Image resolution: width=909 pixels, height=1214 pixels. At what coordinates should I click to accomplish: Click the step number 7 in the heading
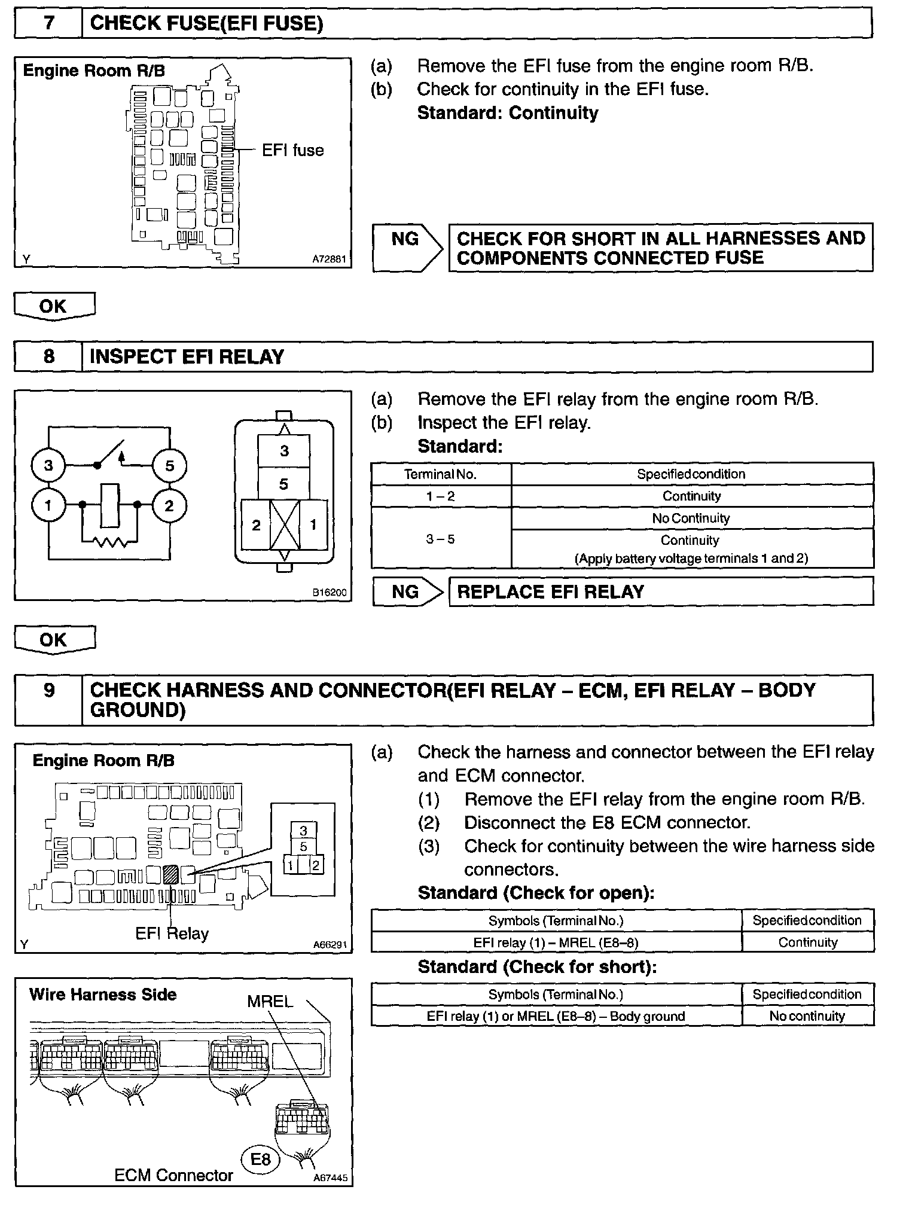48,23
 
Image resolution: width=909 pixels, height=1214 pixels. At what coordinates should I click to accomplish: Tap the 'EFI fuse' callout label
292,150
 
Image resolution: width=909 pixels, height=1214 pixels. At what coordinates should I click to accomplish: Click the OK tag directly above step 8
54,306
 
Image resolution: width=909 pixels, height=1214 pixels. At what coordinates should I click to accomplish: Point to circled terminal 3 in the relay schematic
48,465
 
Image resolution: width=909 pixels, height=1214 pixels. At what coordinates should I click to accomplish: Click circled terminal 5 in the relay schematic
169,465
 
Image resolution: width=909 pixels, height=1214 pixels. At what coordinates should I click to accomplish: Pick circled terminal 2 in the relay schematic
169,506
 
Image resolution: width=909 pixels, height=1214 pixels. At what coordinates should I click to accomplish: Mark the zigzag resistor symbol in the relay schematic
110,542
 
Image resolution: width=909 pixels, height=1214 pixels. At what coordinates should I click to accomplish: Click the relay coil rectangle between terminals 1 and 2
110,506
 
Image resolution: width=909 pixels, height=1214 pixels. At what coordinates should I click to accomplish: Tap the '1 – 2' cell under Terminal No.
441,496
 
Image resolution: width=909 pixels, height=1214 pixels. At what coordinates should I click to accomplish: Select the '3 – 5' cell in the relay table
441,539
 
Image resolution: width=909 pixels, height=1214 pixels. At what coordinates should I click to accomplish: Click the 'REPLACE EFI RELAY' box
661,592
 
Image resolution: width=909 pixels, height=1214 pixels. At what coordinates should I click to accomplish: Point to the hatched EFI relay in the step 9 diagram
170,875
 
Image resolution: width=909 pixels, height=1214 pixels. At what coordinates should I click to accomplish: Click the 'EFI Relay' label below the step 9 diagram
172,934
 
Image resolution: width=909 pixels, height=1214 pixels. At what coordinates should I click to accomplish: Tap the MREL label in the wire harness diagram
270,1002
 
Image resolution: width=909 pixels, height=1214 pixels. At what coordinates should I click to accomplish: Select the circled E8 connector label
260,1160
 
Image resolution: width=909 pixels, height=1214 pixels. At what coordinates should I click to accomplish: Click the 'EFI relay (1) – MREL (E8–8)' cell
556,943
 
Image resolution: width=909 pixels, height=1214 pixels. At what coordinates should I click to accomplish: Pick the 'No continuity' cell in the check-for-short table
807,1016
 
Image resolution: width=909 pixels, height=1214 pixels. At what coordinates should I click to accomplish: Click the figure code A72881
329,260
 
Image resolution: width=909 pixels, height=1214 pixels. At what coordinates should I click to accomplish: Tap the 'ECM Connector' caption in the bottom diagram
173,1175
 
